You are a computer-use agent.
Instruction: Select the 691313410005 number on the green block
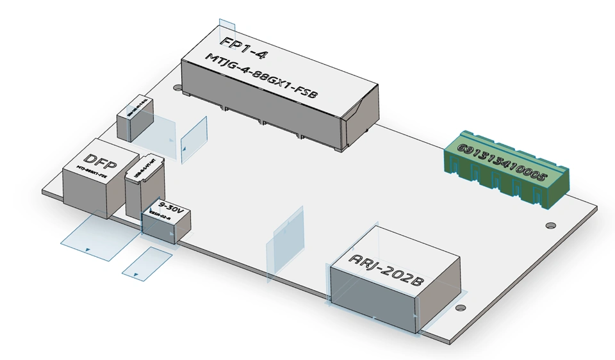click(x=502, y=161)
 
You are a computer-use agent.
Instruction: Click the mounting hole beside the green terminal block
click(x=550, y=225)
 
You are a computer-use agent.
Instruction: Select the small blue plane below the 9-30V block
click(x=147, y=263)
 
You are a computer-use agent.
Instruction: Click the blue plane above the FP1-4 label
click(x=227, y=29)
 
